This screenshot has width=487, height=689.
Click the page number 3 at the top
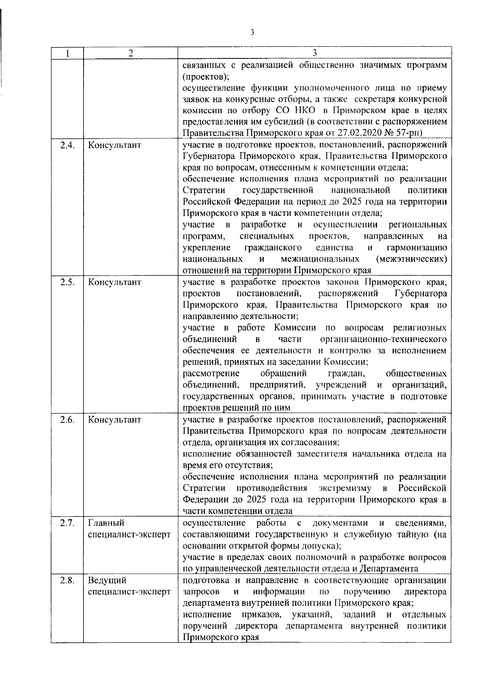click(252, 33)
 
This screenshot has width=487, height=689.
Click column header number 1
click(67, 53)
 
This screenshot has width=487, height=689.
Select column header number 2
click(130, 53)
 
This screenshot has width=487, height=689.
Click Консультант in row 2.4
click(114, 145)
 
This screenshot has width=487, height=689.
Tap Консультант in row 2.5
click(114, 282)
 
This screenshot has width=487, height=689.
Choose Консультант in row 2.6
click(114, 420)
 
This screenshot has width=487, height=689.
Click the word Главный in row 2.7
click(106, 523)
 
